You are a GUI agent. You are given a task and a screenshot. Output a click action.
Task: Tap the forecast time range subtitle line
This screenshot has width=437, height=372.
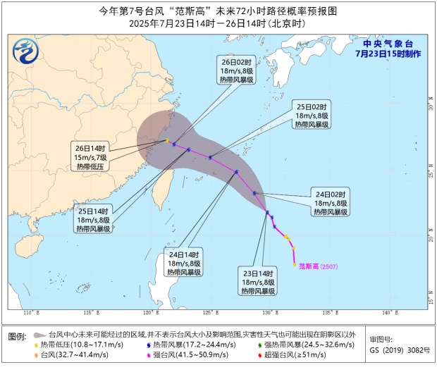coord(218,23)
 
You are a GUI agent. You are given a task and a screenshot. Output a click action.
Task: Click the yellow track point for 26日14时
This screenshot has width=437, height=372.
coord(167,141)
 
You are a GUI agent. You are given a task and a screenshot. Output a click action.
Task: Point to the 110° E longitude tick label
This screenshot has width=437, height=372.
coord(29,312)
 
